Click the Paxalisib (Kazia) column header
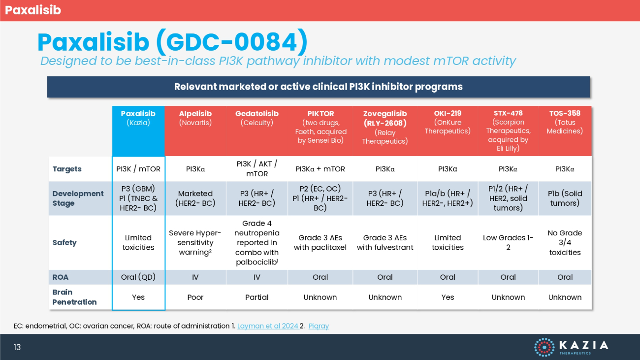[138, 118]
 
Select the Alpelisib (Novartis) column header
[195, 118]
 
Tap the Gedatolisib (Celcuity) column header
[257, 118]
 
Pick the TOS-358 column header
[565, 122]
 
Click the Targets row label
[67, 169]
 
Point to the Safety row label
[64, 243]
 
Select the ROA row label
[60, 277]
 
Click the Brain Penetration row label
[74, 297]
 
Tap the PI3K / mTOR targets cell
[138, 169]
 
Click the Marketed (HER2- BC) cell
[195, 198]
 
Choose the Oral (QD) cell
[138, 277]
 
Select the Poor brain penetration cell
[195, 297]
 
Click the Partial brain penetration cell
[257, 297]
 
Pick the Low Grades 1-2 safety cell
[508, 243]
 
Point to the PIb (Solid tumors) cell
[565, 198]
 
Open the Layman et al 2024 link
[268, 326]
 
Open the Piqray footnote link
[319, 326]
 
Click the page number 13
[17, 347]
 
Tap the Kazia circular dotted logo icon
[544, 347]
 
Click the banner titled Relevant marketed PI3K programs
[319, 87]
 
